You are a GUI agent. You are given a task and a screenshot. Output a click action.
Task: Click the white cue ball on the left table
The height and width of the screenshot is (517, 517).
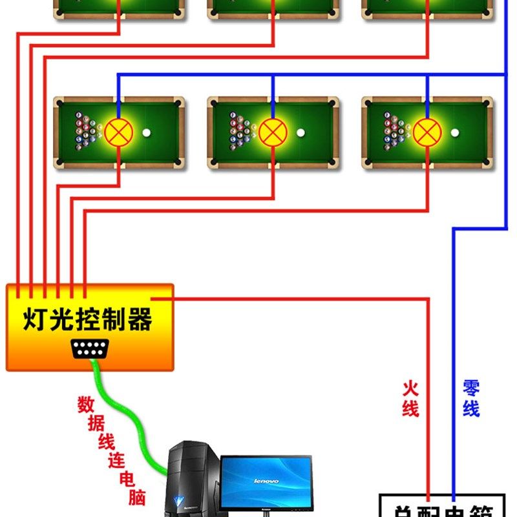pyautogui.click(x=147, y=133)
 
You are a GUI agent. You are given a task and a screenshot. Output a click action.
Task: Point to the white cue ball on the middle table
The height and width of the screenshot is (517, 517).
pyautogui.click(x=301, y=133)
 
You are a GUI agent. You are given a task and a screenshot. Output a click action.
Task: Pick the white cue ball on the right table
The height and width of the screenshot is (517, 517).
pyautogui.click(x=455, y=133)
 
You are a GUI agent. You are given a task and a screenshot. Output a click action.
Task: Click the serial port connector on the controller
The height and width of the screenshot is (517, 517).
pyautogui.click(x=90, y=349)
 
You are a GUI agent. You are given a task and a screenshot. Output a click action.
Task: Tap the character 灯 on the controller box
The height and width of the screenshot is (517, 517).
pyautogui.click(x=37, y=319)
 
